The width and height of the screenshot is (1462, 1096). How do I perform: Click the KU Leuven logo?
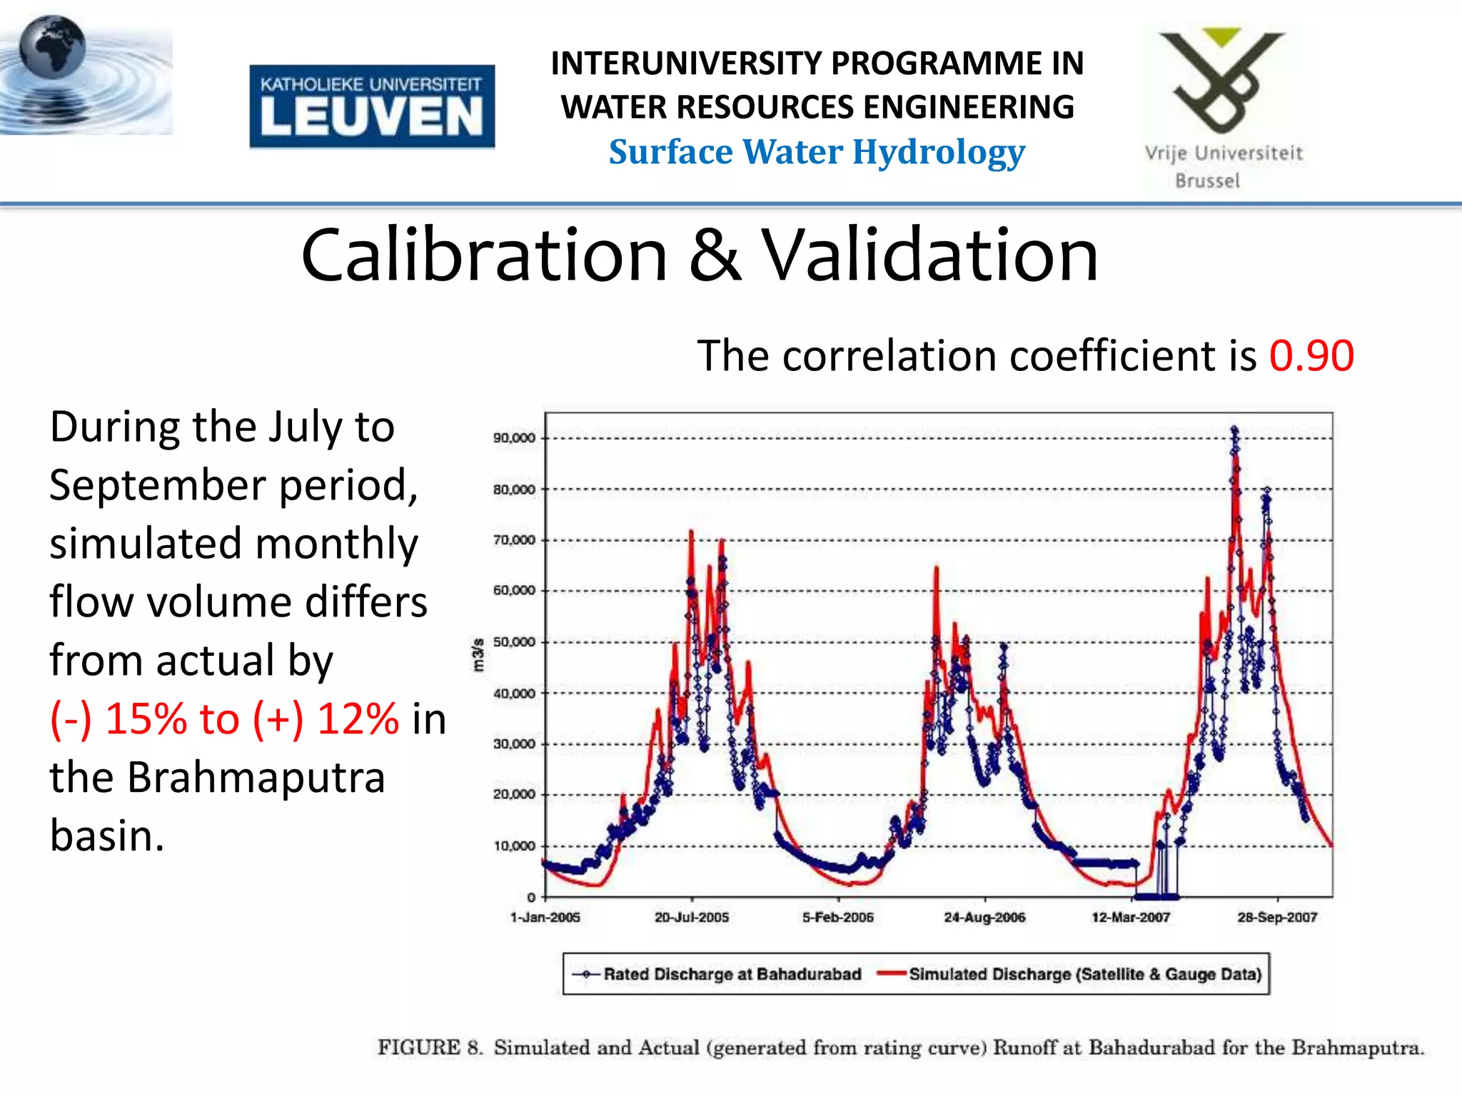click(x=372, y=106)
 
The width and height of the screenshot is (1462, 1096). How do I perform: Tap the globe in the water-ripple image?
click(x=52, y=47)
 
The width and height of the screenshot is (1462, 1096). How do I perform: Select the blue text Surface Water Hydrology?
click(x=817, y=152)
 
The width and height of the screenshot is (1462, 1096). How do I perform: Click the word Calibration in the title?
click(x=484, y=255)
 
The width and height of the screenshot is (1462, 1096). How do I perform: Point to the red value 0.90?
click(x=1311, y=355)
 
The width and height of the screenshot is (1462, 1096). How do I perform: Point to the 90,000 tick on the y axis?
click(x=513, y=438)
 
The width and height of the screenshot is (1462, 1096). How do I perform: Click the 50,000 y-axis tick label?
click(x=513, y=642)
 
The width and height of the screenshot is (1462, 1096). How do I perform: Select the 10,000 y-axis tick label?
click(x=513, y=846)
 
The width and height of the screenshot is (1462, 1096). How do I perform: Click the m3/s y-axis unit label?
click(x=478, y=655)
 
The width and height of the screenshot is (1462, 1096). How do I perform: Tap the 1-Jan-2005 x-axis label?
click(x=545, y=918)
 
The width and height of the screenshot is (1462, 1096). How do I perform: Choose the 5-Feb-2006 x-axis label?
click(x=838, y=918)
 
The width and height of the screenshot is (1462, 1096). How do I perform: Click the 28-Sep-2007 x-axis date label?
click(x=1277, y=918)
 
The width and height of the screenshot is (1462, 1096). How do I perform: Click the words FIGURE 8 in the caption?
click(x=430, y=1047)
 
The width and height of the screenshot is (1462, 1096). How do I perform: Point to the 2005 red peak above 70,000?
click(x=691, y=532)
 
